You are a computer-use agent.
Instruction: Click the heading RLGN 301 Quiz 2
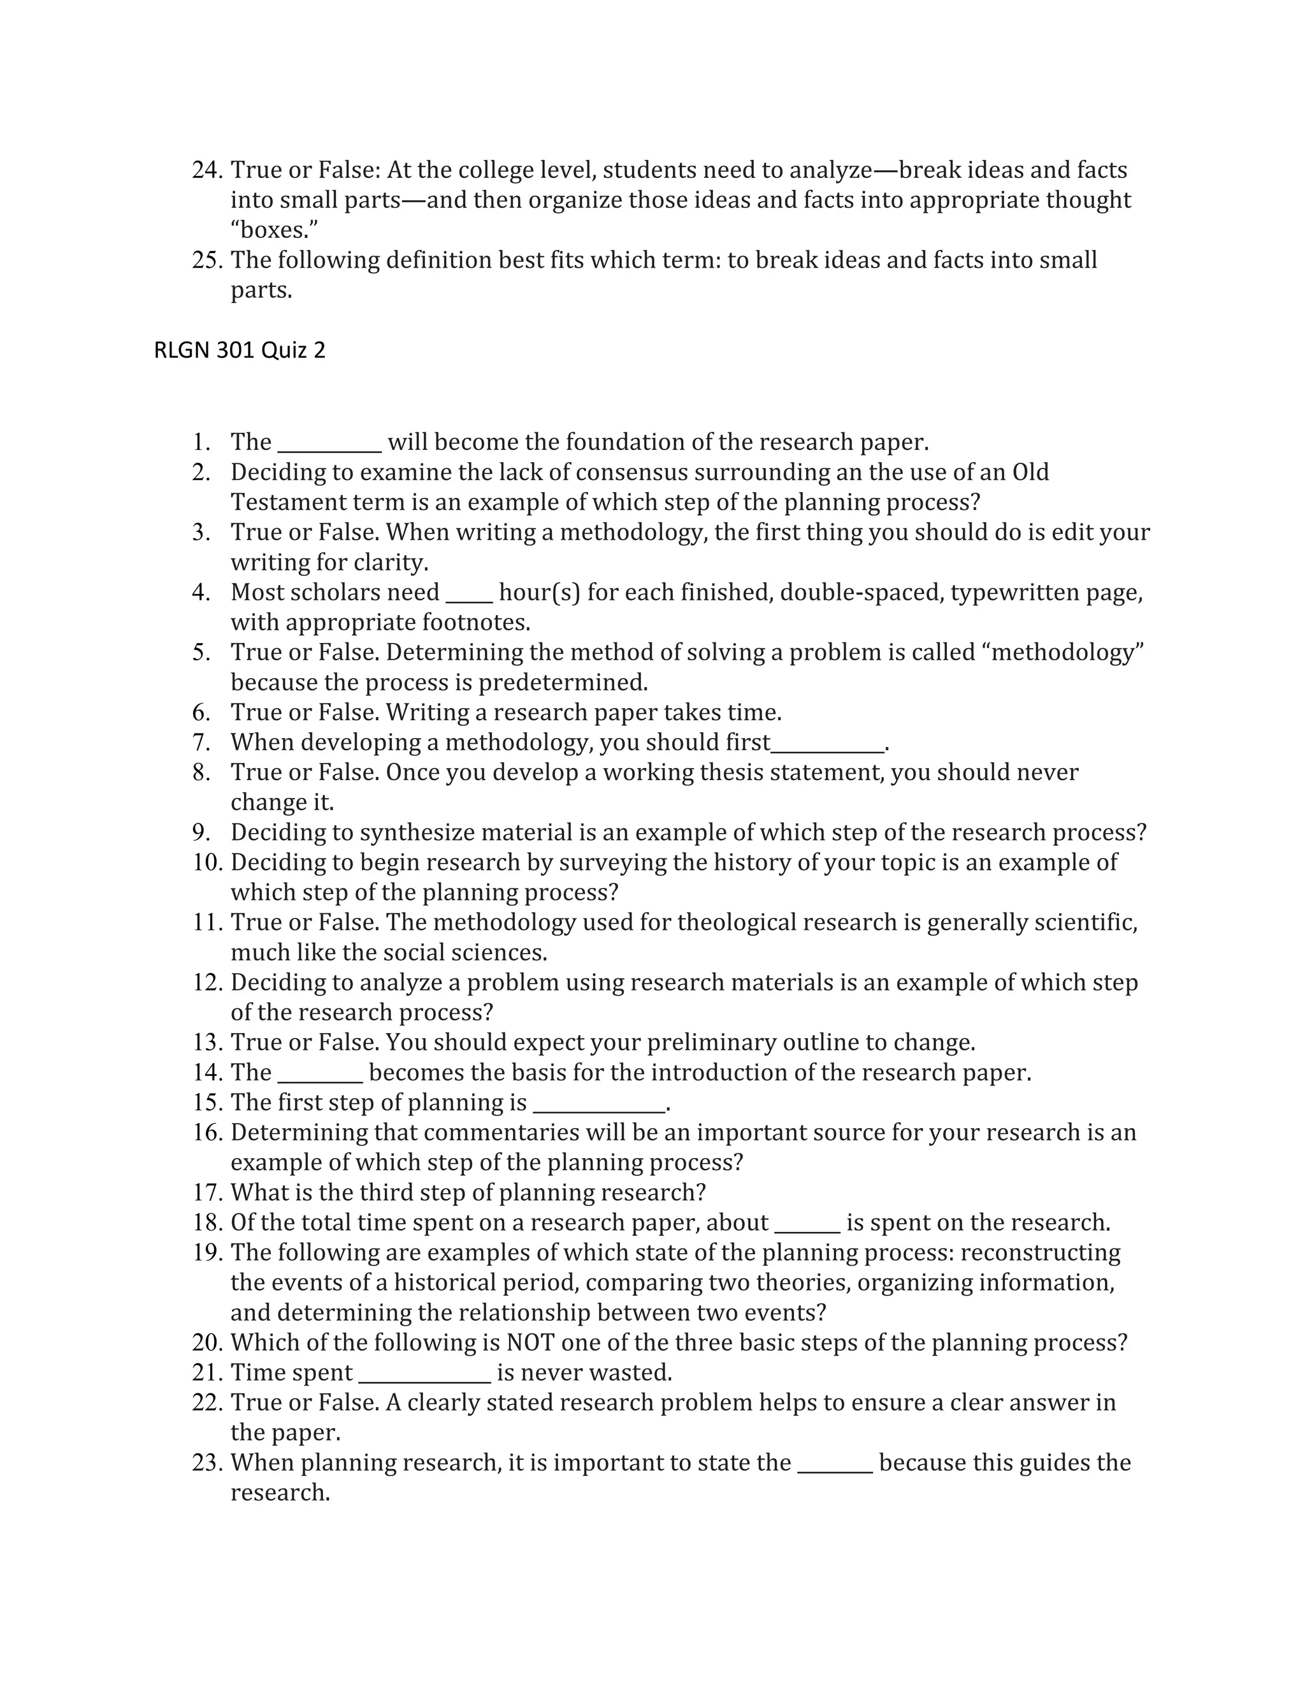(x=240, y=351)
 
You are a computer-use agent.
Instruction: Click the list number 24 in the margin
(x=207, y=170)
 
